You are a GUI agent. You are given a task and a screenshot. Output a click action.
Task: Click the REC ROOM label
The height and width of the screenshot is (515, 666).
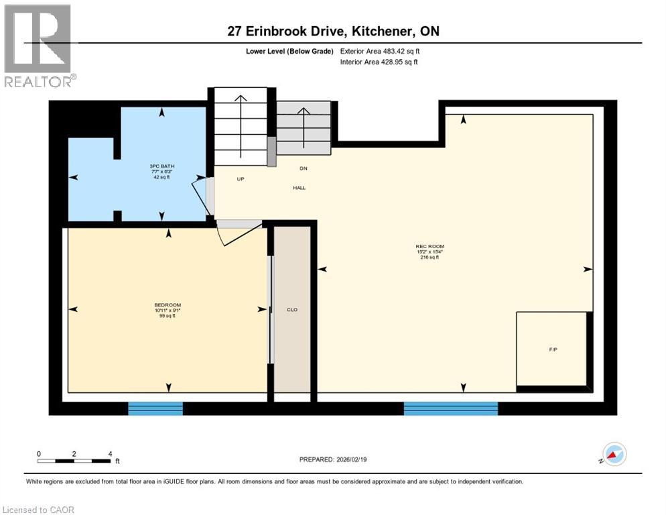(429, 247)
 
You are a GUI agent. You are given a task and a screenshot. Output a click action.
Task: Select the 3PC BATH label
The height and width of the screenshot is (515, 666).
(161, 166)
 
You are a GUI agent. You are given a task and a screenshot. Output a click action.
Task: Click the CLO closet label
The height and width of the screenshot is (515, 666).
(292, 310)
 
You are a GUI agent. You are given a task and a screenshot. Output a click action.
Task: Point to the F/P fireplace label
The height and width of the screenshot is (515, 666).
(553, 350)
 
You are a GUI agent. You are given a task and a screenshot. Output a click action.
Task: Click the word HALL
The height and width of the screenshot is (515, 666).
(299, 188)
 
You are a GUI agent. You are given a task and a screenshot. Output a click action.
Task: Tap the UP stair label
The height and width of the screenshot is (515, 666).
(241, 179)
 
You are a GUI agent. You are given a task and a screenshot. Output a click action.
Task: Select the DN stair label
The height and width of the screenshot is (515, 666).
(303, 168)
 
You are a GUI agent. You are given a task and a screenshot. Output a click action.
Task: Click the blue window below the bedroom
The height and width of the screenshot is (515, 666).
(155, 408)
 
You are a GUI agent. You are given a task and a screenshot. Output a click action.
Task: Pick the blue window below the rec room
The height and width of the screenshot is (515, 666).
(450, 408)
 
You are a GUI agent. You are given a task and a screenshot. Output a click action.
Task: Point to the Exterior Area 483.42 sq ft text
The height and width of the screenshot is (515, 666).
(380, 51)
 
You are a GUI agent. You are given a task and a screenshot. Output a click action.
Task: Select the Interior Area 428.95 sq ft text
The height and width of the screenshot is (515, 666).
(379, 62)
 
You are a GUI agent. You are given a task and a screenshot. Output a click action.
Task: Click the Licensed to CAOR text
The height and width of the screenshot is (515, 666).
(39, 510)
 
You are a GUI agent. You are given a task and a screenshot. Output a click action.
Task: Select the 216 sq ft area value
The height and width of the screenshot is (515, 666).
(429, 257)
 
